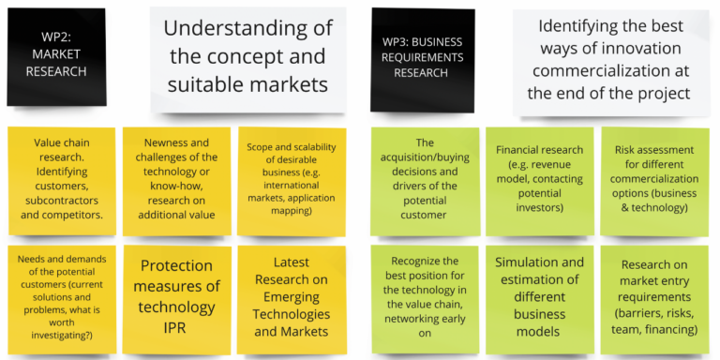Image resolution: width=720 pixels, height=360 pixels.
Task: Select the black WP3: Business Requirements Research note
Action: (422, 59)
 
